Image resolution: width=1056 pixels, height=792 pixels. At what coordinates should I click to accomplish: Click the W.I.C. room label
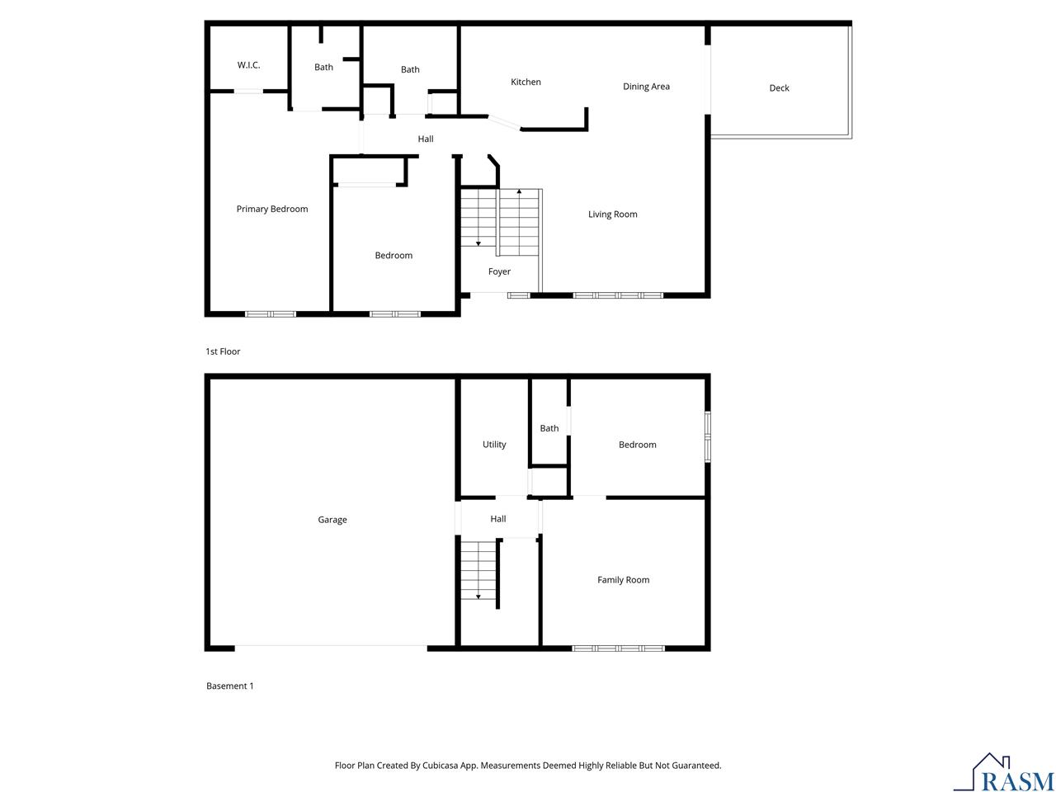(x=248, y=65)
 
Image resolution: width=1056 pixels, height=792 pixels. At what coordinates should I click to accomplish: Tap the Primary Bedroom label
(x=271, y=209)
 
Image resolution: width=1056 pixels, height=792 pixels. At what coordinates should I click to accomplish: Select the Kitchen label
(x=526, y=82)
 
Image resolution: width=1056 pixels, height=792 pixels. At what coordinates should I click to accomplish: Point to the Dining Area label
(x=646, y=87)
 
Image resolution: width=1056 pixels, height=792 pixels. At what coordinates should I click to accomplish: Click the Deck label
(x=779, y=88)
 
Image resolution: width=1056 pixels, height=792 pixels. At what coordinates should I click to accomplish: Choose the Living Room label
(x=612, y=214)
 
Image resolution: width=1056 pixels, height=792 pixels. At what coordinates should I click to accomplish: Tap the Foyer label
(x=499, y=271)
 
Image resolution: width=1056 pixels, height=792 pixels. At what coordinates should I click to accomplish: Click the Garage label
(x=332, y=520)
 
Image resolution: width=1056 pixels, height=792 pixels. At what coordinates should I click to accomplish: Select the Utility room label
(x=494, y=445)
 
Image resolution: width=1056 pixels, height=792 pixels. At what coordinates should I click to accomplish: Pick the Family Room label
(x=623, y=580)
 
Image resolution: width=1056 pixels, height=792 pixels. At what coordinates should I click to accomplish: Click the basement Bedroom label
(x=637, y=445)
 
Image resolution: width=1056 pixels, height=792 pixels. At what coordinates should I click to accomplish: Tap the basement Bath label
(x=549, y=428)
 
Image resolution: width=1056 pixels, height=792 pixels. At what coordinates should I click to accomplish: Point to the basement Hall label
(x=497, y=519)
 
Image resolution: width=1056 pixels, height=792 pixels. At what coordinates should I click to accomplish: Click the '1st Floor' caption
(x=223, y=351)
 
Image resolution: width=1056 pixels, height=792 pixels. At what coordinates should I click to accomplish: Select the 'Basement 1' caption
(x=229, y=686)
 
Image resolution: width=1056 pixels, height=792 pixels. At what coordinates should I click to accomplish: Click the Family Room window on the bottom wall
(x=618, y=648)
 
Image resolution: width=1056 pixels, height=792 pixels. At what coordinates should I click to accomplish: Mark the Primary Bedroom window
(x=270, y=313)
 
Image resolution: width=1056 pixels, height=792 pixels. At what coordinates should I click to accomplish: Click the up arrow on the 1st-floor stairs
(x=519, y=192)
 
